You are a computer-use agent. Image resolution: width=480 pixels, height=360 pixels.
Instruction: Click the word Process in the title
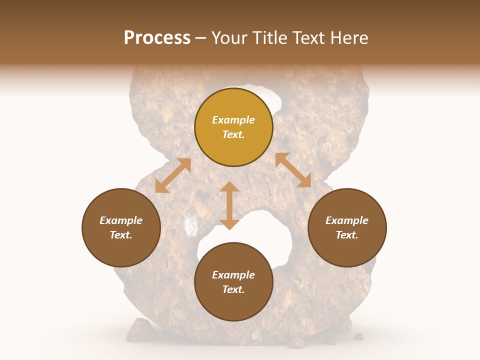point(157,38)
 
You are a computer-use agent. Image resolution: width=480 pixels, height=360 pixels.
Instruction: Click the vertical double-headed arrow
point(229,205)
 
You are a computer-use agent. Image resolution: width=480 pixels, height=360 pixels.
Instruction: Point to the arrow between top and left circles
point(173,175)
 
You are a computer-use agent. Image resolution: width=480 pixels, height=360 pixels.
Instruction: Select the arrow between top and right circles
point(293,170)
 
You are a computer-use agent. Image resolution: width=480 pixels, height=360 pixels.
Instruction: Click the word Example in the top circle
point(233,120)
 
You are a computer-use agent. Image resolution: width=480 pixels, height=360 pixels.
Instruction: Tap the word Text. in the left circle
point(121,235)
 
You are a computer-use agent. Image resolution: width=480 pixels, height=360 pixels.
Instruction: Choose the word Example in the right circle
point(347,220)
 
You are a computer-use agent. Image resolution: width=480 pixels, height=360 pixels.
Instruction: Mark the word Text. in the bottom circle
point(233,289)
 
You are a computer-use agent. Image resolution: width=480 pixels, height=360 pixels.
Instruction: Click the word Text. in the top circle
point(233,134)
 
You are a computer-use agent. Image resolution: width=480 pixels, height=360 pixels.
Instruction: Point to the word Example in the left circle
point(121,220)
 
